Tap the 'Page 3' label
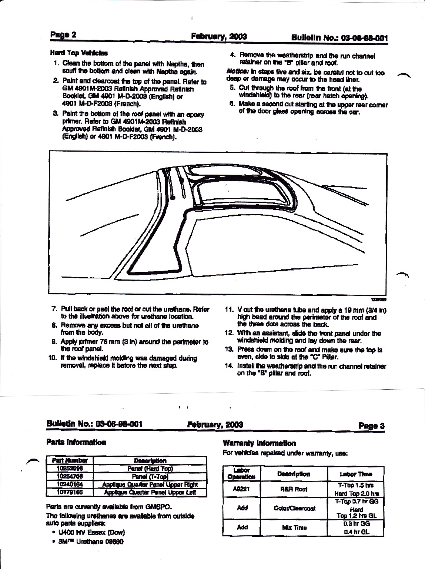(372, 426)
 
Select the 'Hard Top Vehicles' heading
(79, 53)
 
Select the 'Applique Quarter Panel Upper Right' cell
(150, 484)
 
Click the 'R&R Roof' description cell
(294, 489)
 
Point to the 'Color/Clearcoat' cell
(294, 508)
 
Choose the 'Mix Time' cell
(294, 527)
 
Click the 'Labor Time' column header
(355, 474)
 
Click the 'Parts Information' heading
(76, 442)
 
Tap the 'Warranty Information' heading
(259, 443)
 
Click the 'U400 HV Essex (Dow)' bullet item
(90, 533)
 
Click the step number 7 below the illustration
(54, 309)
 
